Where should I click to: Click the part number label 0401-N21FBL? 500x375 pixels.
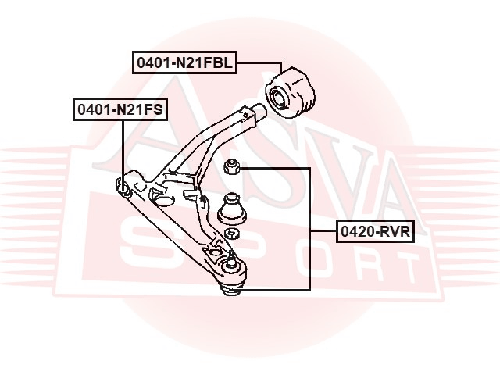click(184, 62)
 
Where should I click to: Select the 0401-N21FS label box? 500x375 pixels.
click(120, 109)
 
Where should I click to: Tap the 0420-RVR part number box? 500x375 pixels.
click(375, 231)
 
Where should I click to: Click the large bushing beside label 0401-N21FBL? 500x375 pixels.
click(290, 92)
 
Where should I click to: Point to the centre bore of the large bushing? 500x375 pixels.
click(278, 98)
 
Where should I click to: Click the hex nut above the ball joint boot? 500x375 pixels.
click(231, 166)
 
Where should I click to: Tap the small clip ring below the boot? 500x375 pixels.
click(232, 234)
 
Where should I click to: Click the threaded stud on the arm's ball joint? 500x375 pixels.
click(232, 256)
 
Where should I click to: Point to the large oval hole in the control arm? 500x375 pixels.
click(164, 201)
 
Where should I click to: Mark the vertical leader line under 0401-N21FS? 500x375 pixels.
click(123, 151)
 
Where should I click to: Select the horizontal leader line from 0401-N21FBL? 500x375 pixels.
click(259, 62)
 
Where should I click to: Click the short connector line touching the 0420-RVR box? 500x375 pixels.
click(323, 230)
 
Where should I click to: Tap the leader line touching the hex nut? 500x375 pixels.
click(274, 168)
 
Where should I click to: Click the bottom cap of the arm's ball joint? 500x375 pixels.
click(231, 289)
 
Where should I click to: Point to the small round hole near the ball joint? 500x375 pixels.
click(216, 252)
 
